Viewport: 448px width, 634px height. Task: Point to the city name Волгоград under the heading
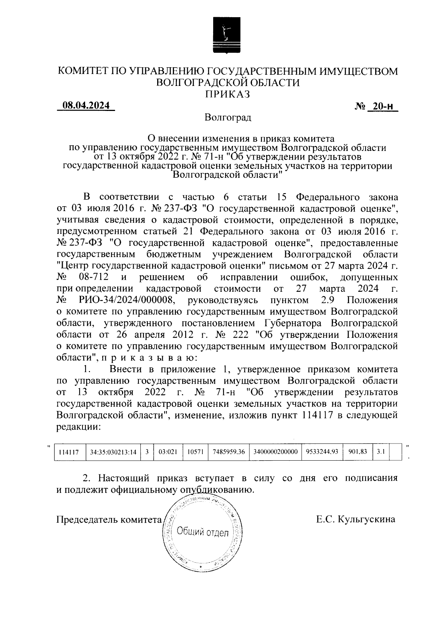[x=228, y=118]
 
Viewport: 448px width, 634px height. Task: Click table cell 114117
[x=69, y=452]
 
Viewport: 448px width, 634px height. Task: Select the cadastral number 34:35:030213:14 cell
[x=113, y=452]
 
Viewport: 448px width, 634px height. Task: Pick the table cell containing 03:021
[x=168, y=452]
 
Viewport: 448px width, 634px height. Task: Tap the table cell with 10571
[x=195, y=452]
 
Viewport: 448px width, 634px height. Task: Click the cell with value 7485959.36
[x=228, y=452]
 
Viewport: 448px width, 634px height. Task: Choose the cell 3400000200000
[x=276, y=452]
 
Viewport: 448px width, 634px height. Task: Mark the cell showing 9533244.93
[x=322, y=452]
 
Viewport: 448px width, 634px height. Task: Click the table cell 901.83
[x=358, y=452]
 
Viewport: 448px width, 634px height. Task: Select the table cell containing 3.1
[x=380, y=452]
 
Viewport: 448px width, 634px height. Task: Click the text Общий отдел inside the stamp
[x=202, y=531]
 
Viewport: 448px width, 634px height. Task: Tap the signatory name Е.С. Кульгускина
[x=355, y=519]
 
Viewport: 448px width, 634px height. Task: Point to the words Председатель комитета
[x=108, y=519]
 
